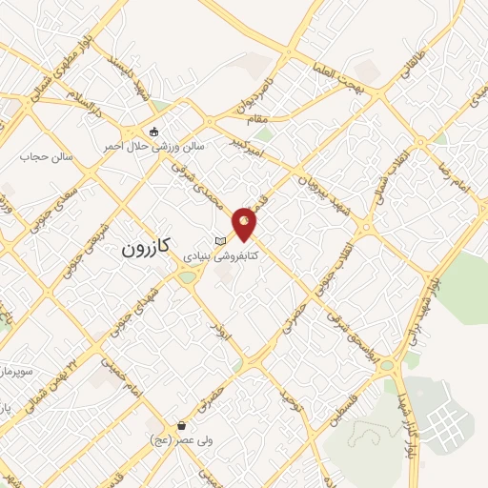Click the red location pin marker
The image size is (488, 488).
pyautogui.click(x=245, y=223)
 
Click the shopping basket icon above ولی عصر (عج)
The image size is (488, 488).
pyautogui.click(x=180, y=425)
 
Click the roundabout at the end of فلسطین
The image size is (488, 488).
pyautogui.click(x=386, y=365)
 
